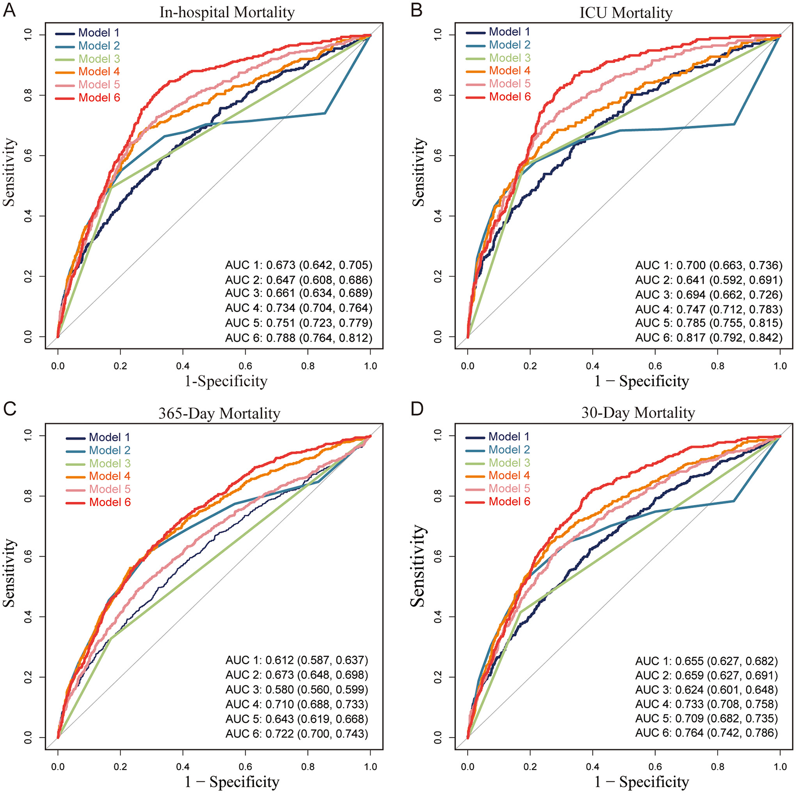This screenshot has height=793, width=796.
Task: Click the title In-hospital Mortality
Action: pyautogui.click(x=227, y=12)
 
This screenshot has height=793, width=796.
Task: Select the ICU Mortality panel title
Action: pyautogui.click(x=626, y=13)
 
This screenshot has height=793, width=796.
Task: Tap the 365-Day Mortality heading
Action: pyautogui.click(x=219, y=413)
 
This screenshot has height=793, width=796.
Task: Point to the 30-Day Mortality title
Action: pyautogui.click(x=638, y=412)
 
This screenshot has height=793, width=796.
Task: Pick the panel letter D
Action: pyautogui.click(x=417, y=410)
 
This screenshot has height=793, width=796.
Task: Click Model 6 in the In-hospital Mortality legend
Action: pyautogui.click(x=99, y=97)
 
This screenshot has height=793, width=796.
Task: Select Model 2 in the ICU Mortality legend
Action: pyautogui.click(x=509, y=45)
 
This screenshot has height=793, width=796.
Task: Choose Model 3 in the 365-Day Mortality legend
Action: pyautogui.click(x=110, y=463)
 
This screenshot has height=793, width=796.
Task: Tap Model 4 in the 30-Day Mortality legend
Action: pyautogui.click(x=509, y=475)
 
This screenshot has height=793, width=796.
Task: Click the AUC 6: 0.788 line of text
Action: pyautogui.click(x=299, y=337)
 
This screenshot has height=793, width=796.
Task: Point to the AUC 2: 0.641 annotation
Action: pyautogui.click(x=708, y=280)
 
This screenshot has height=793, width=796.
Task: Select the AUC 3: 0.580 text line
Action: pyautogui.click(x=296, y=690)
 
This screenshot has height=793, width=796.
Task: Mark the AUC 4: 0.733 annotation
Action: pyautogui.click(x=706, y=704)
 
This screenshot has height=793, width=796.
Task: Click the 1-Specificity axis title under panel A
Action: pyautogui.click(x=226, y=381)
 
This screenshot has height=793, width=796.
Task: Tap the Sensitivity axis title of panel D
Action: pyautogui.click(x=418, y=566)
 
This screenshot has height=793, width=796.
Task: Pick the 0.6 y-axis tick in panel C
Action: pyautogui.click(x=28, y=556)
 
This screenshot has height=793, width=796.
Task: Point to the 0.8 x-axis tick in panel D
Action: pyautogui.click(x=718, y=766)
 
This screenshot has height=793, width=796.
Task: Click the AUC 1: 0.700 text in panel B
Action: pyautogui.click(x=708, y=266)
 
